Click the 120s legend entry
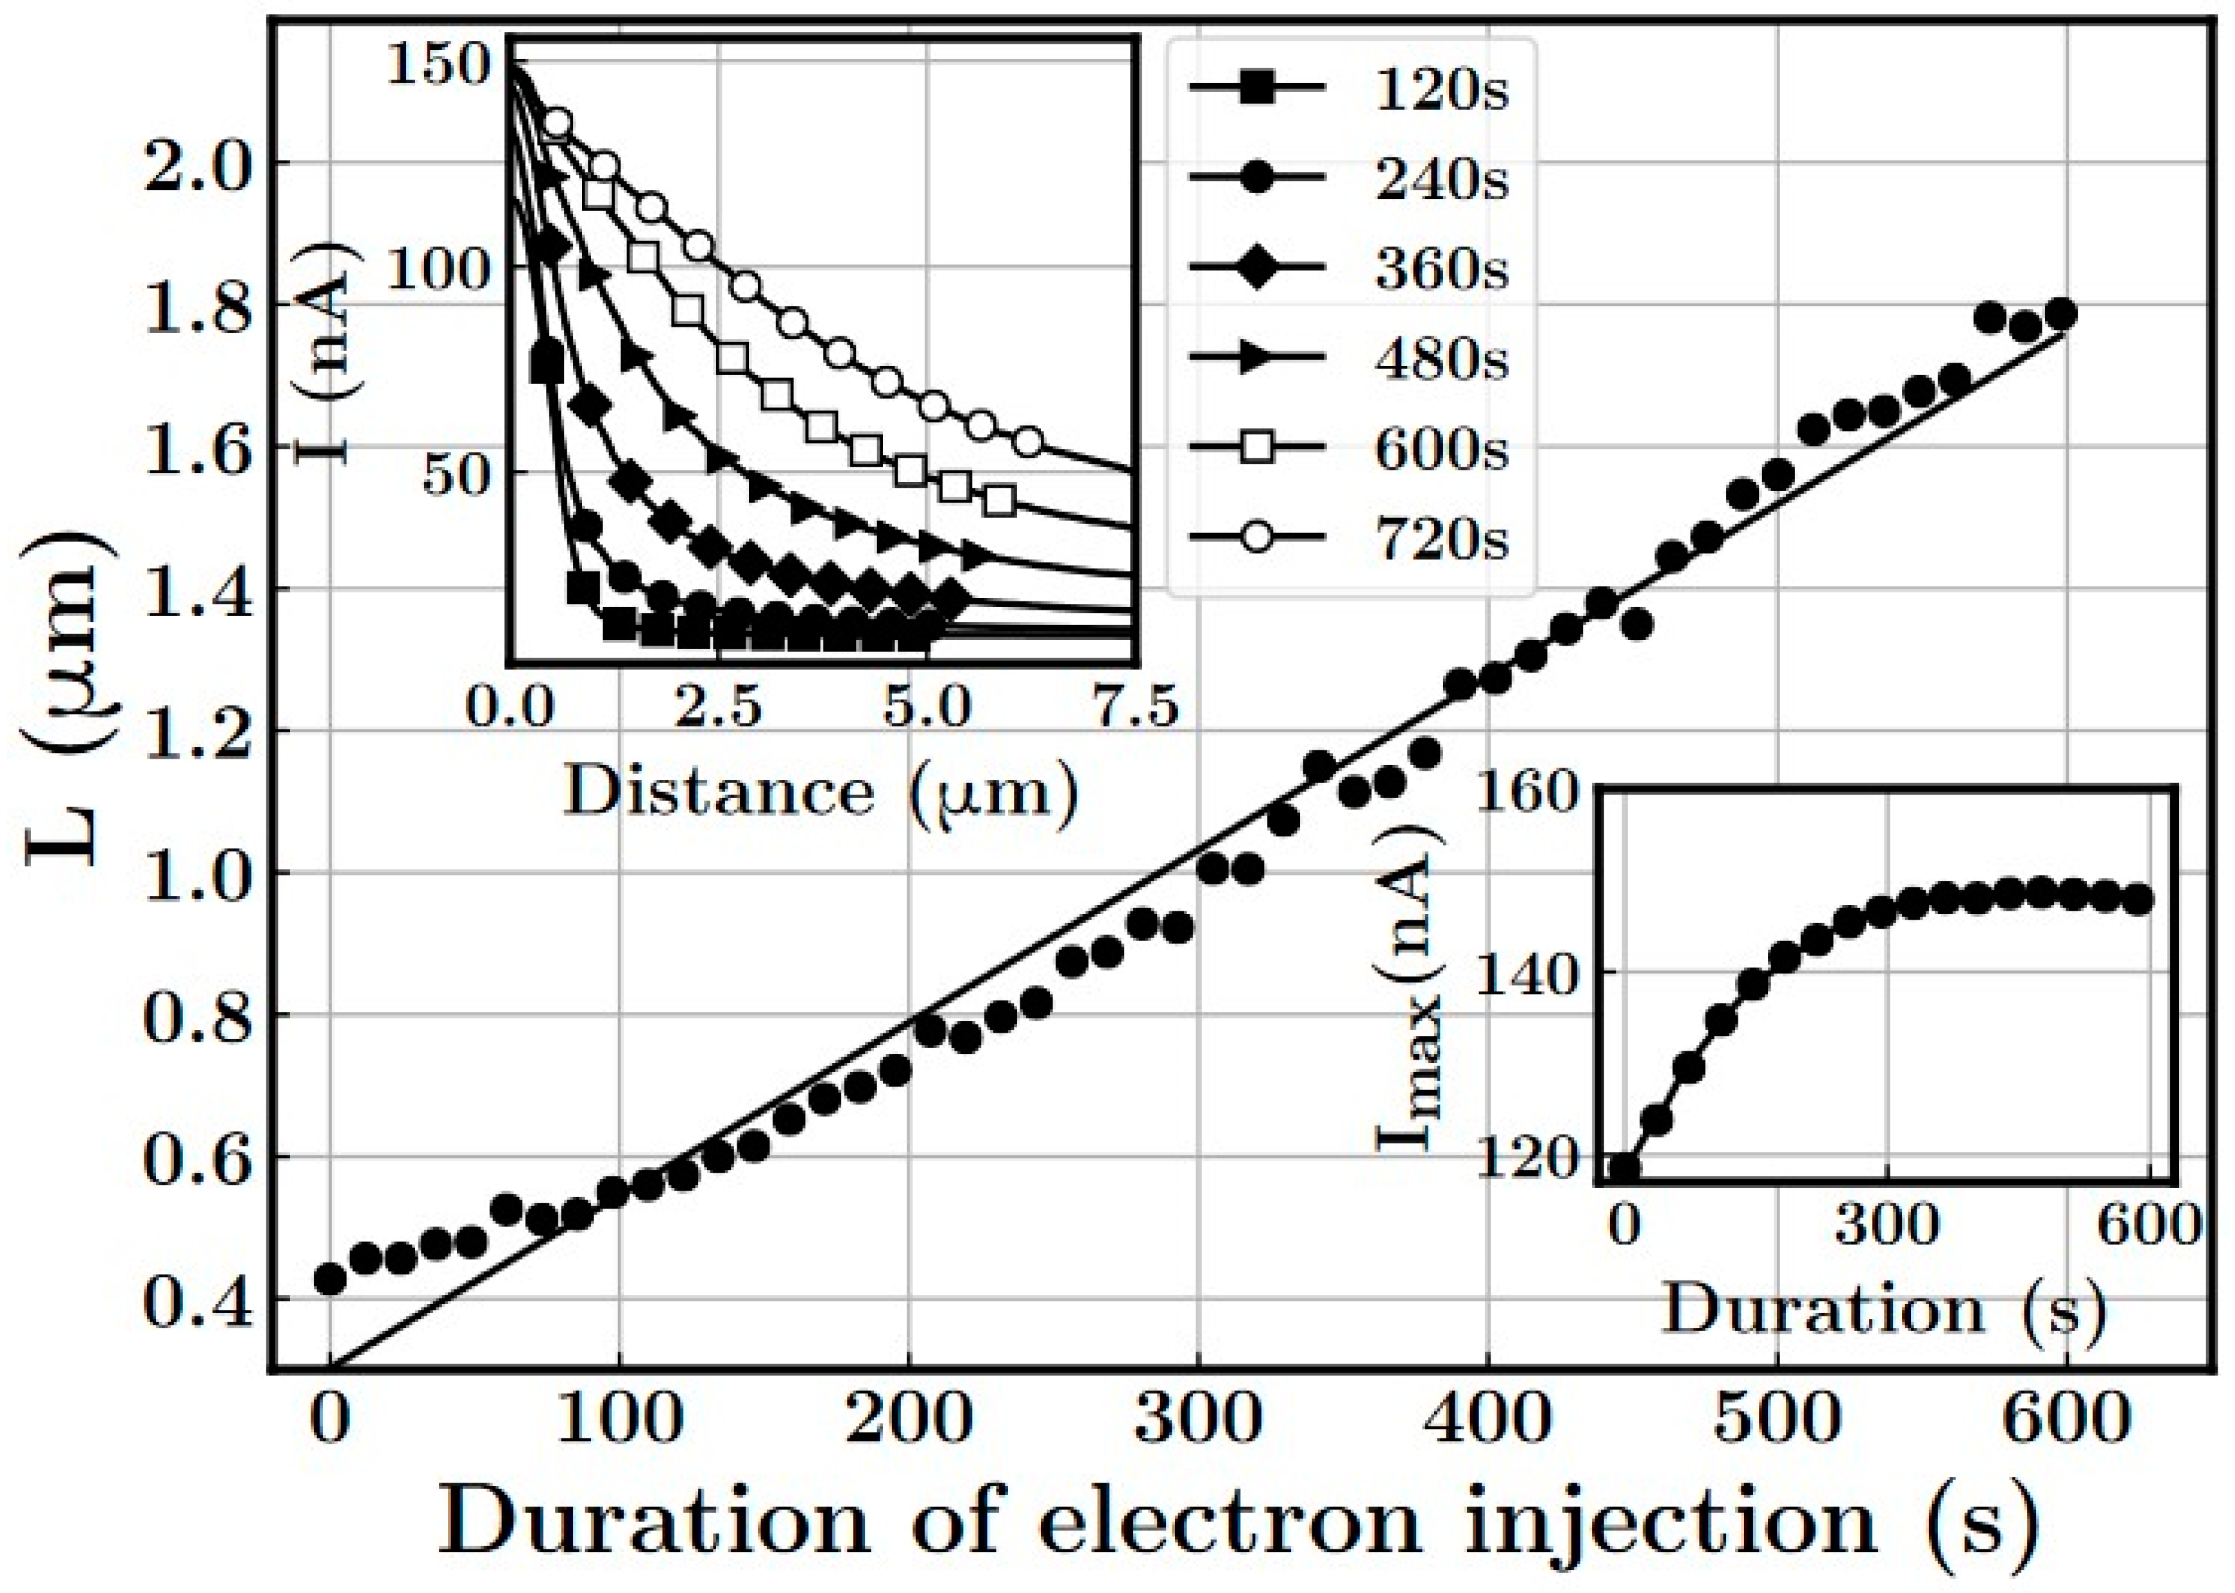click(x=1348, y=90)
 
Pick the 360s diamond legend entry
click(x=1348, y=270)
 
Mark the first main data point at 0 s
click(x=330, y=1279)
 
